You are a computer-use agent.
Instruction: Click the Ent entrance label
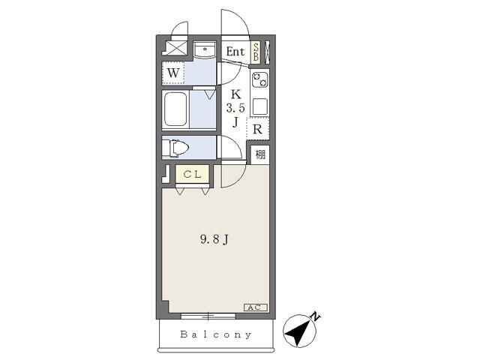[235, 52]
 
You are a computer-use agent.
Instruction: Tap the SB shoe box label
[256, 52]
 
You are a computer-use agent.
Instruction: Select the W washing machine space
[173, 73]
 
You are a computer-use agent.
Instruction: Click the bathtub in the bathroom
[175, 109]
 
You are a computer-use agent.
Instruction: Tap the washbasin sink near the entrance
[205, 50]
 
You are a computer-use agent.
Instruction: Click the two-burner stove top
[260, 79]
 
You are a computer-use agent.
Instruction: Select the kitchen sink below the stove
[260, 106]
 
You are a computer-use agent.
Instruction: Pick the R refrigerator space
[258, 130]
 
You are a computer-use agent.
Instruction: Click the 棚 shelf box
[260, 154]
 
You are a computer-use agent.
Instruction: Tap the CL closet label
[192, 175]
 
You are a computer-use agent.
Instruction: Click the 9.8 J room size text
[214, 239]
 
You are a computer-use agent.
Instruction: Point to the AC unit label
[256, 307]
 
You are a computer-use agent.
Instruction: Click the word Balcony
[216, 334]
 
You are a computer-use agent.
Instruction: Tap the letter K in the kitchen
[235, 94]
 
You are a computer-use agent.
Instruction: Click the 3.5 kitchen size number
[235, 108]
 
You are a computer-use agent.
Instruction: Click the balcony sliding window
[208, 316]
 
